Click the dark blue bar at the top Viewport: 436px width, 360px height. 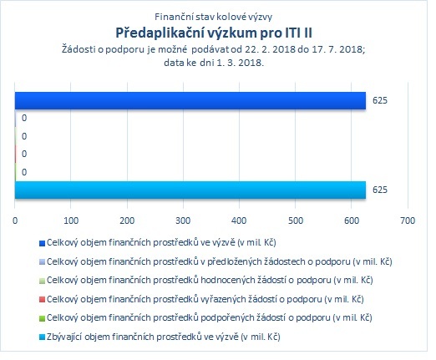tap(190, 100)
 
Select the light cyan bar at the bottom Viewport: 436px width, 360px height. tap(190, 190)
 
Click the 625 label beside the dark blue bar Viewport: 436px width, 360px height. tap(380, 100)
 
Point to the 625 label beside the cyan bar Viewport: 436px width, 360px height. tap(380, 190)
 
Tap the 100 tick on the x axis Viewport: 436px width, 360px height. tap(71, 221)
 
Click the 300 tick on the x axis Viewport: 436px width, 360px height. tap(183, 221)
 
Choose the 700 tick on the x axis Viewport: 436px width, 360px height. tap(408, 221)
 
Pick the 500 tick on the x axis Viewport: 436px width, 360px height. tap(296, 221)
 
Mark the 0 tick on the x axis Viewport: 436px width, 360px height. tap(15, 221)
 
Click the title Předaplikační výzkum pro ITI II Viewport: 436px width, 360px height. tap(214, 33)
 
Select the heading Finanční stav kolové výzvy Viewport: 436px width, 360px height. tap(213, 17)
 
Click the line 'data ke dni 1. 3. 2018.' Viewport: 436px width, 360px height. tap(214, 63)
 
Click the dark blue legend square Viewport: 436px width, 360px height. tap(42, 244)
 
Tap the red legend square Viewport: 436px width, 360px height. tap(42, 300)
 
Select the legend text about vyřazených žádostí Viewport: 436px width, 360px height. tap(205, 299)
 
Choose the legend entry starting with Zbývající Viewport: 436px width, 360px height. tap(164, 337)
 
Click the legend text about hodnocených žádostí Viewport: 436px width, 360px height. tap(210, 280)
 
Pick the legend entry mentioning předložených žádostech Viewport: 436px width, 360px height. tap(220, 261)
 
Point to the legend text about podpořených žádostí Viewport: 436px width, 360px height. tap(210, 317)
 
